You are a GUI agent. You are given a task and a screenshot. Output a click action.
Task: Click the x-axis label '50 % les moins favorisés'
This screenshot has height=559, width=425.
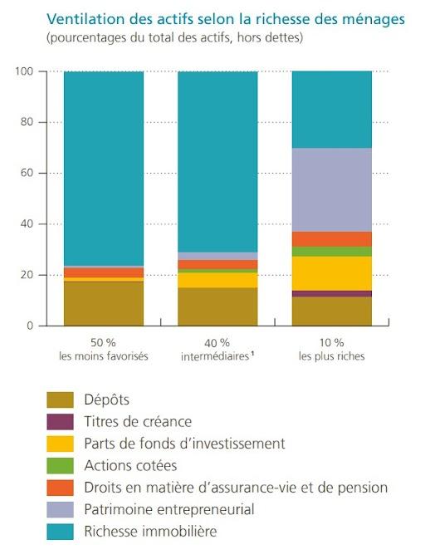click(105, 350)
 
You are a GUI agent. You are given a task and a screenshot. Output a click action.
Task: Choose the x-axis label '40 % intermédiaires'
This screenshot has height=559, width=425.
click(218, 350)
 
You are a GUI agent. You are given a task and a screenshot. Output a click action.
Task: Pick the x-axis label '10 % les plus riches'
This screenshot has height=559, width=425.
click(331, 350)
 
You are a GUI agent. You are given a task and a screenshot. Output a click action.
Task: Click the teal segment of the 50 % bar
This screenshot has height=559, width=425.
click(105, 166)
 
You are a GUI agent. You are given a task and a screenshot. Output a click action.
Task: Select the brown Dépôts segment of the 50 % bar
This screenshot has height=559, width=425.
click(105, 304)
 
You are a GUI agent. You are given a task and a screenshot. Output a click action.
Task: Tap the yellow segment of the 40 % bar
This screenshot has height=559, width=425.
click(218, 280)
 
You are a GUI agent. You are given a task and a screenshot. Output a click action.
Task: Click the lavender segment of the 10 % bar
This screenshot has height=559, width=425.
click(331, 189)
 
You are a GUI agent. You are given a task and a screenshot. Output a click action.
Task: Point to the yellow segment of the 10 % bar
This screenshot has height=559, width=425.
click(331, 273)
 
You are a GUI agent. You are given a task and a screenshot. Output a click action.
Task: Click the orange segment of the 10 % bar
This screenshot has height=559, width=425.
click(331, 239)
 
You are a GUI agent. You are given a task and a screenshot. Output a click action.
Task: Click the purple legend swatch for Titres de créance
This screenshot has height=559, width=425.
click(60, 421)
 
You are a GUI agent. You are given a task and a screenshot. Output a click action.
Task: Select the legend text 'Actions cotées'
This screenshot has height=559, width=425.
click(130, 465)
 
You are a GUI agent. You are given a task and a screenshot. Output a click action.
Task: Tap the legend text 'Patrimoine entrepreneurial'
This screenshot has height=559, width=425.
click(169, 509)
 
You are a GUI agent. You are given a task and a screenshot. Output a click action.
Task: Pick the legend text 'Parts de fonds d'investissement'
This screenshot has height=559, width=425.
click(184, 444)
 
